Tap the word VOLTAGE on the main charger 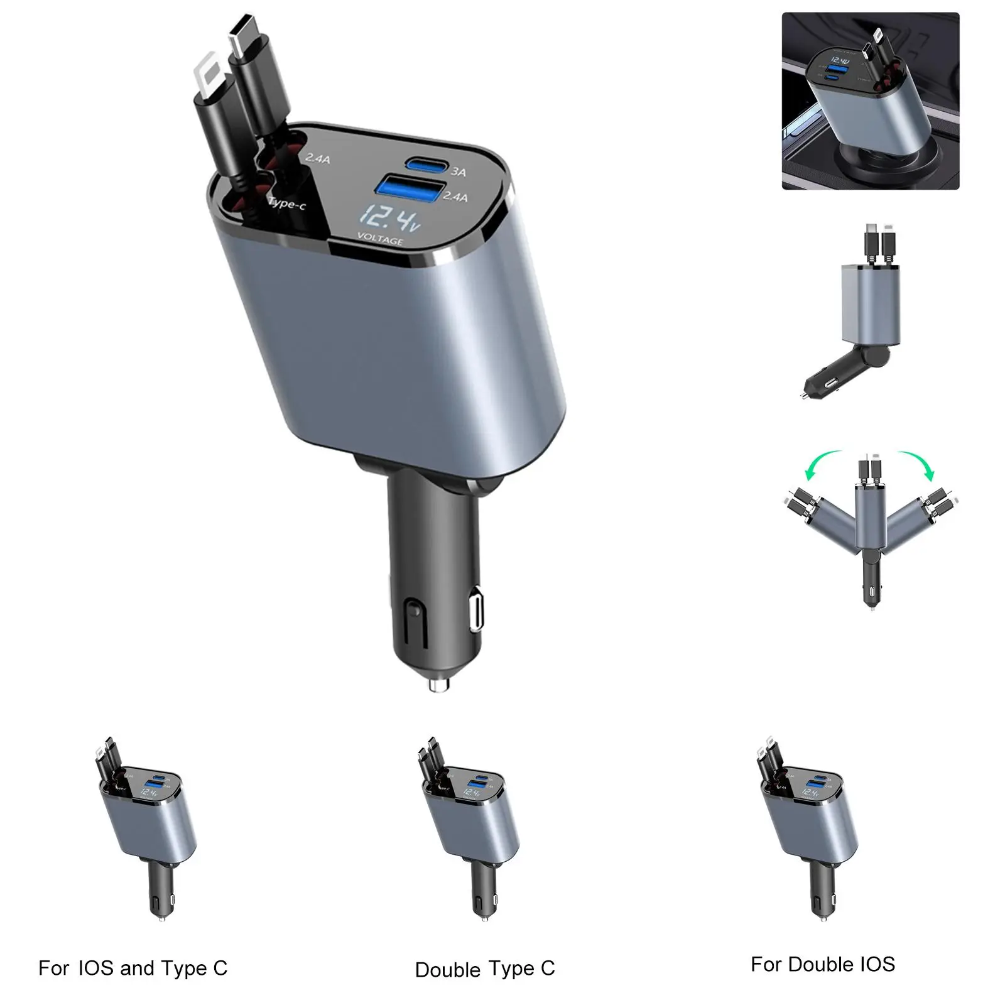[x=380, y=240]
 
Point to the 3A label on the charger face [x=459, y=171]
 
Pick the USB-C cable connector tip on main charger [x=244, y=35]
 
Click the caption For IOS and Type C [x=133, y=968]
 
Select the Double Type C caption [x=485, y=969]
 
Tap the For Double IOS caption [x=822, y=964]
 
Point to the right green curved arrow [x=916, y=464]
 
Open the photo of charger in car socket [x=870, y=100]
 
